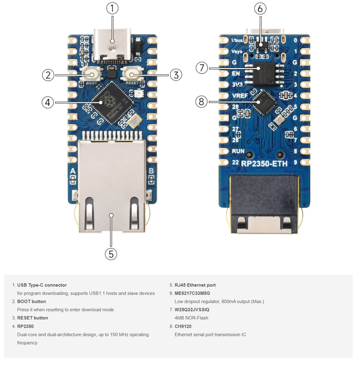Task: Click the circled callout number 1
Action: point(112,8)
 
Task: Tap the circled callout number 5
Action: point(111,254)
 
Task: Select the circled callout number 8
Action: point(201,102)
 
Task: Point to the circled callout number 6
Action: point(260,9)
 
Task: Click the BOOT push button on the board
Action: point(91,74)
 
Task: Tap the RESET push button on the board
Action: point(132,74)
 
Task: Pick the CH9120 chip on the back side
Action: point(265,102)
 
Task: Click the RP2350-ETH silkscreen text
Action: point(264,163)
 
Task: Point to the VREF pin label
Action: point(240,96)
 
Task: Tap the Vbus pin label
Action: point(237,40)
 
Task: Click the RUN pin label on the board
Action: point(238,151)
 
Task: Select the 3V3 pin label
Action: point(237,84)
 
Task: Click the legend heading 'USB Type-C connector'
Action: point(42,285)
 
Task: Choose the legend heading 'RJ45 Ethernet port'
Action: point(195,285)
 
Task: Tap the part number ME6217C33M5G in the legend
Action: point(192,293)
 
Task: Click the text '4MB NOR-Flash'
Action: point(191,318)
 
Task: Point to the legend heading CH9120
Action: point(183,326)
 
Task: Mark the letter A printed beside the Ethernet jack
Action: point(73,171)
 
